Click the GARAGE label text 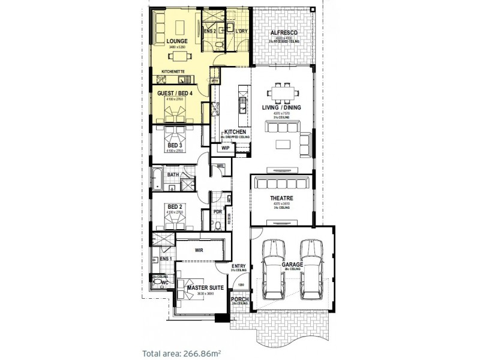[x=292, y=263]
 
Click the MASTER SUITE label [x=205, y=288]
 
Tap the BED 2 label [x=175, y=206]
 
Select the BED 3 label [x=175, y=145]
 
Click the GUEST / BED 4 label [x=175, y=94]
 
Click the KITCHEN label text [x=234, y=132]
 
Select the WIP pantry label [x=226, y=147]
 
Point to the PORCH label [x=239, y=299]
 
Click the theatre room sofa [x=281, y=183]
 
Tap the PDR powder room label [x=218, y=212]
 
